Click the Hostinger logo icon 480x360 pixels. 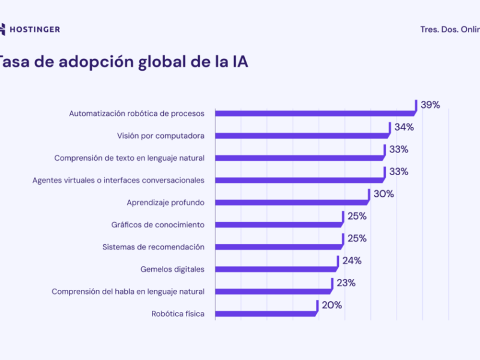4,29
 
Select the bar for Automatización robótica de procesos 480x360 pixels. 315,113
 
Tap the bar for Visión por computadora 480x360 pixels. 302,136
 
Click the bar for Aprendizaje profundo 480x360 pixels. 292,202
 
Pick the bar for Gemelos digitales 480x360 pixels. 276,269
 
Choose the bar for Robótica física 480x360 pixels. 266,313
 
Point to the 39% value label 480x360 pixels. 430,105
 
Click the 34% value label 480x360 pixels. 404,127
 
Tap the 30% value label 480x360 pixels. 383,194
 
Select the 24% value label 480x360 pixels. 352,260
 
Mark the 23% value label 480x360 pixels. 346,283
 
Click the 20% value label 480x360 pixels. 332,305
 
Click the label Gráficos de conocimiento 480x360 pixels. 158,224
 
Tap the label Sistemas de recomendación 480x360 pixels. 154,247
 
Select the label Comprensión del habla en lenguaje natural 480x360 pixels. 128,291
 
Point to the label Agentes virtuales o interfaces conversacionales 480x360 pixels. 118,180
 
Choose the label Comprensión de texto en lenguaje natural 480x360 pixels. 130,158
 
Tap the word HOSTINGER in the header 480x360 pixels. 35,29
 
